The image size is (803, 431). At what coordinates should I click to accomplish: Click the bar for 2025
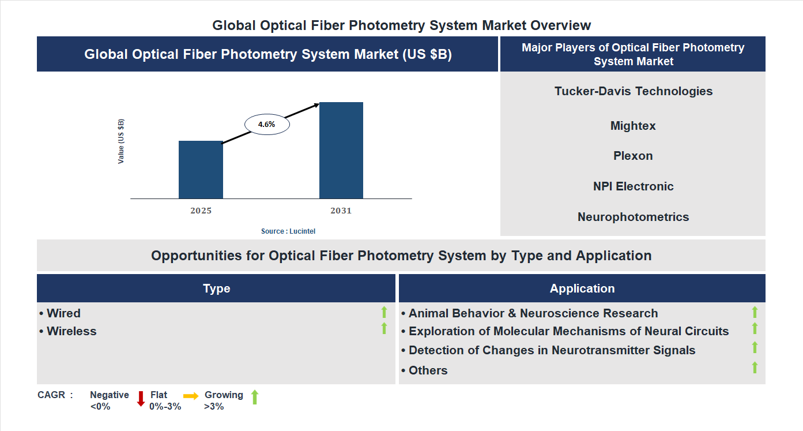(x=201, y=170)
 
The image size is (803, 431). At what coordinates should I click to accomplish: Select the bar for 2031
(x=341, y=151)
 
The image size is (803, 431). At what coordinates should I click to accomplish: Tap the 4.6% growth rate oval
(x=267, y=124)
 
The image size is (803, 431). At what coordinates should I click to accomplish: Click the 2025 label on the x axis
(x=201, y=211)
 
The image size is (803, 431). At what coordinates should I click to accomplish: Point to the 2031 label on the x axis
(x=341, y=211)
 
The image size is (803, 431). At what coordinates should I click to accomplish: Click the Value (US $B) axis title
(x=121, y=141)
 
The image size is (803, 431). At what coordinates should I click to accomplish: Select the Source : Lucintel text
(x=288, y=231)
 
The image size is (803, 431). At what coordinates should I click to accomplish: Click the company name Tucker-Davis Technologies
(x=634, y=91)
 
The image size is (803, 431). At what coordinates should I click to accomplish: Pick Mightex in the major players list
(x=633, y=126)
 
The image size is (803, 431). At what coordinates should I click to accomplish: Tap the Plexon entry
(x=633, y=156)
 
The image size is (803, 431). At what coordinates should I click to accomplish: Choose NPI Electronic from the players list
(x=633, y=186)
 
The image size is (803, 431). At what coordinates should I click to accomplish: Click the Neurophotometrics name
(x=633, y=217)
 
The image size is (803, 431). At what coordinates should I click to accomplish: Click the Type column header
(x=216, y=288)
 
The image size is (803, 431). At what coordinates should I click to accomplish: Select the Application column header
(x=582, y=288)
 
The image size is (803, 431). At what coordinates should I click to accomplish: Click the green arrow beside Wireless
(x=384, y=328)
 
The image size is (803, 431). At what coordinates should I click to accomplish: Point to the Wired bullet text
(x=63, y=313)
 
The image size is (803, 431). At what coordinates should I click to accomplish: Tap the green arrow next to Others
(x=755, y=368)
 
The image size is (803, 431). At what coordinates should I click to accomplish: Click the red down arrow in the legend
(x=141, y=399)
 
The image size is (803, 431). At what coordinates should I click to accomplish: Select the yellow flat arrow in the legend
(x=191, y=396)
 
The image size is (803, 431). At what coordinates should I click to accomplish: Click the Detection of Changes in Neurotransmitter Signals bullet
(x=552, y=350)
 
